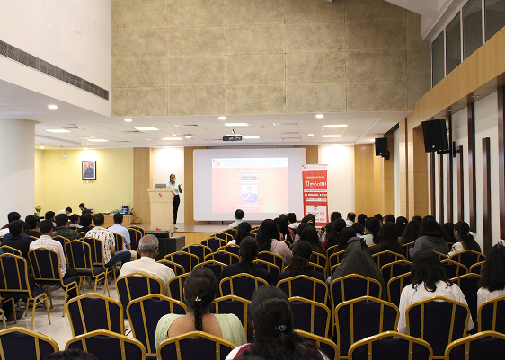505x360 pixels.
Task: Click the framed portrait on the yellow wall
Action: pyautogui.click(x=89, y=170)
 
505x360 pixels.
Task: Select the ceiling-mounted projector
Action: pyautogui.click(x=232, y=137)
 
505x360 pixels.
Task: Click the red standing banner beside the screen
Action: pyautogui.click(x=315, y=191)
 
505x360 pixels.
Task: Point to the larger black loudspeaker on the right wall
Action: pyautogui.click(x=435, y=136)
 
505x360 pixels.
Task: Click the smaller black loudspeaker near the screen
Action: pyautogui.click(x=381, y=147)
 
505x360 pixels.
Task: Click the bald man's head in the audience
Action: pyautogui.click(x=149, y=245)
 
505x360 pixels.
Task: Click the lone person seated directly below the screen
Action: pyautogui.click(x=238, y=219)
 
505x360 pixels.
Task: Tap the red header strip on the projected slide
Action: pyautogui.click(x=249, y=163)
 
